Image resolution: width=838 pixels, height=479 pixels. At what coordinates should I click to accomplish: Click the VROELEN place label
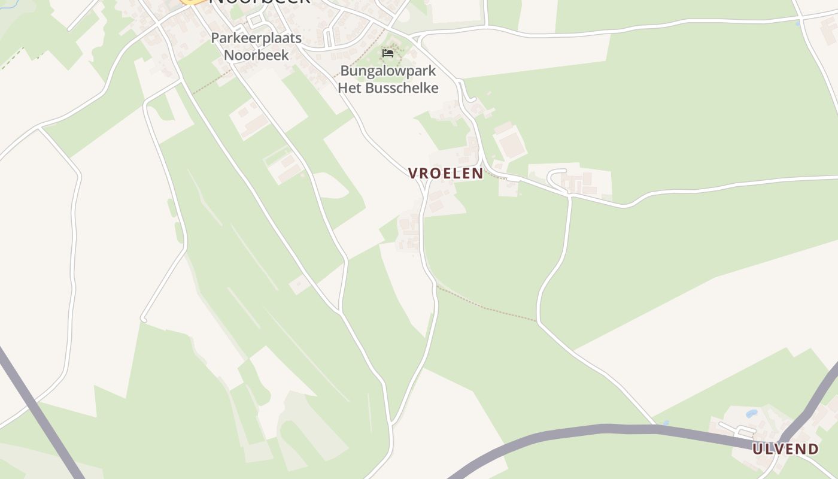click(x=445, y=174)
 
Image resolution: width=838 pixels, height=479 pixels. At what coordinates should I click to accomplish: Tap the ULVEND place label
click(x=785, y=449)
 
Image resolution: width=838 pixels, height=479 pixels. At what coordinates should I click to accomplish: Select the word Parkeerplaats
click(x=256, y=38)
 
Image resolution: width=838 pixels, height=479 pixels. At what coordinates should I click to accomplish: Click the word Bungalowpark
click(x=388, y=71)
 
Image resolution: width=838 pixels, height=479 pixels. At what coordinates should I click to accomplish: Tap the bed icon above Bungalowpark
click(x=388, y=53)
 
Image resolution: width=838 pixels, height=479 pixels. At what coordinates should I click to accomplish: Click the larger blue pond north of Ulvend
click(x=751, y=414)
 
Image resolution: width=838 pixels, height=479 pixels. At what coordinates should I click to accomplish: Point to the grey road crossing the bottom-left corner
click(x=42, y=413)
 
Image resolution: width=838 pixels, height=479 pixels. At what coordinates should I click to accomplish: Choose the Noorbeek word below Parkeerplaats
click(x=256, y=55)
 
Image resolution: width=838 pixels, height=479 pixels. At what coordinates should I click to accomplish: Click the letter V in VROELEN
click(x=413, y=174)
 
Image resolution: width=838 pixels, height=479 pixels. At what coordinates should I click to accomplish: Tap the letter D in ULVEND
click(x=813, y=449)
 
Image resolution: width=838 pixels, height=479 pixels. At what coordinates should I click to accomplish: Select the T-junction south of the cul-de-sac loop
click(x=569, y=195)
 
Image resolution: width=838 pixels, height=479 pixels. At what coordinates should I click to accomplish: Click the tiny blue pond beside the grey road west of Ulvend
click(x=666, y=423)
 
